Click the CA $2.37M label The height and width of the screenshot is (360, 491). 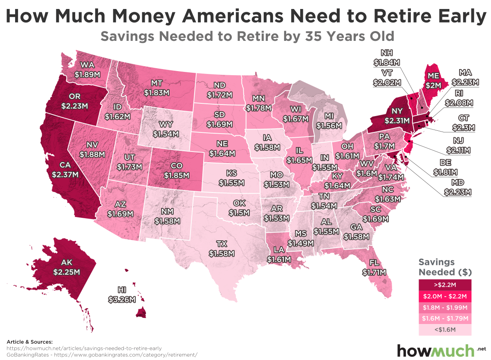tap(65, 170)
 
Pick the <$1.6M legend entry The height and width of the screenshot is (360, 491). tap(445, 329)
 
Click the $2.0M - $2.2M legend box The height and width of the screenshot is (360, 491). tap(445, 295)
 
